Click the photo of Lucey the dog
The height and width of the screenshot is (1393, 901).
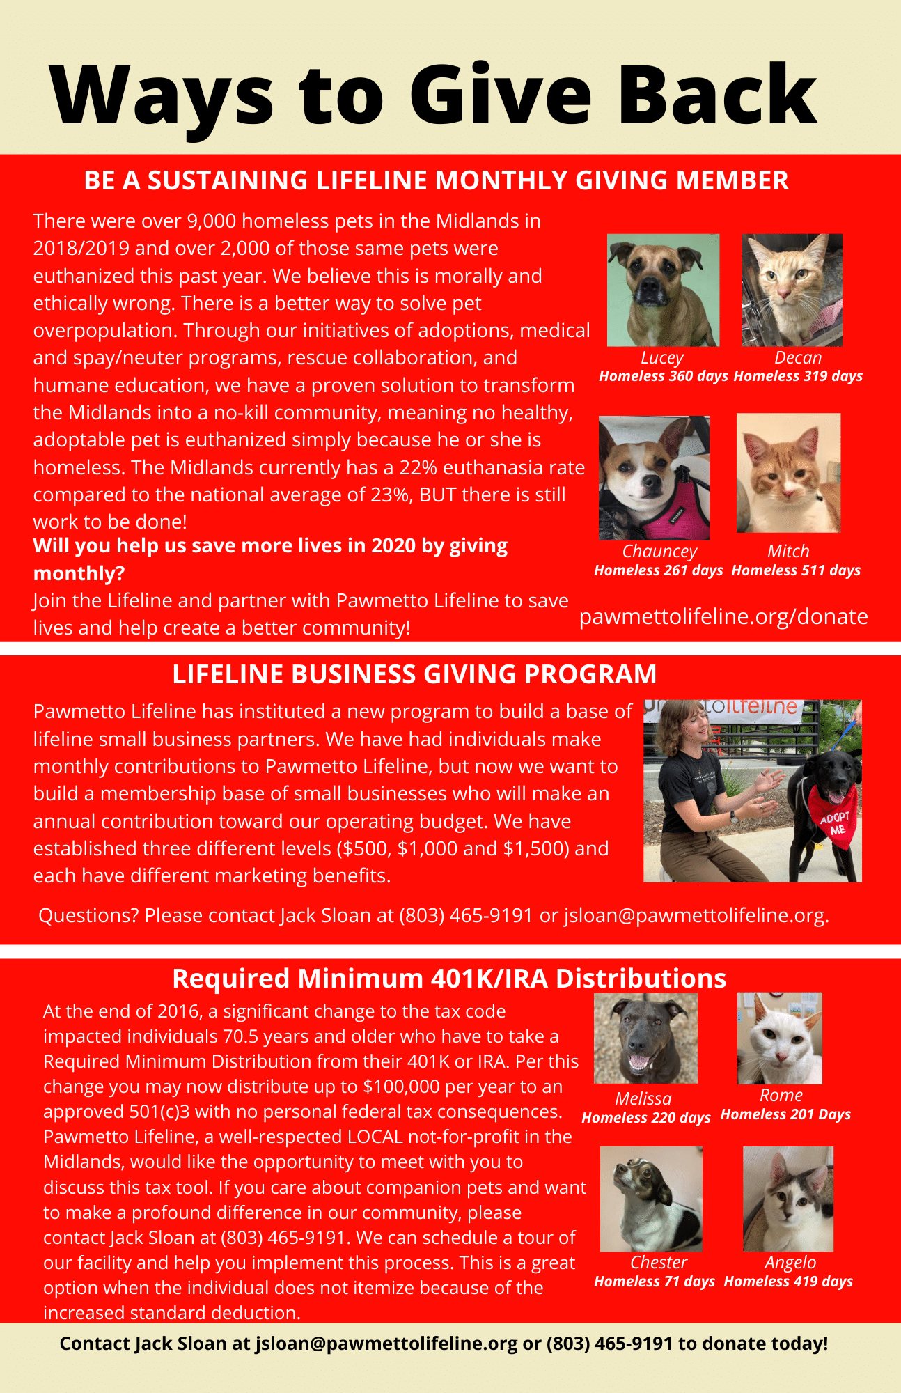click(663, 290)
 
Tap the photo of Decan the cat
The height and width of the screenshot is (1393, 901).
click(792, 290)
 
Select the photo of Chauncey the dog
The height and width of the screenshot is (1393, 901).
click(654, 478)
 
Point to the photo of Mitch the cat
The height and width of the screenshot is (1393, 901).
click(788, 473)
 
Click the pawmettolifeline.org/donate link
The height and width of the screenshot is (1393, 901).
click(723, 616)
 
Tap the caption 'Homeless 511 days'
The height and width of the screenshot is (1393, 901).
click(796, 570)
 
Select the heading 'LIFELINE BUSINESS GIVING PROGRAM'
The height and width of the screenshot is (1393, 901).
click(414, 674)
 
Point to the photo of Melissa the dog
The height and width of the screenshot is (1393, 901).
click(645, 1038)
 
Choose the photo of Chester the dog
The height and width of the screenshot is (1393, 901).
click(651, 1199)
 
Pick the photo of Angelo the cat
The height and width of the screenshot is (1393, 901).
click(788, 1199)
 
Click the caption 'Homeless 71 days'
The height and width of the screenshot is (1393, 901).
click(655, 1282)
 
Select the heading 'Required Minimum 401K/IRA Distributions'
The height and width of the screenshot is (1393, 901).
click(449, 979)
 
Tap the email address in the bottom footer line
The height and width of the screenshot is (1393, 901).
click(386, 1344)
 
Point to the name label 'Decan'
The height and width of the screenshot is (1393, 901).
click(798, 358)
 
